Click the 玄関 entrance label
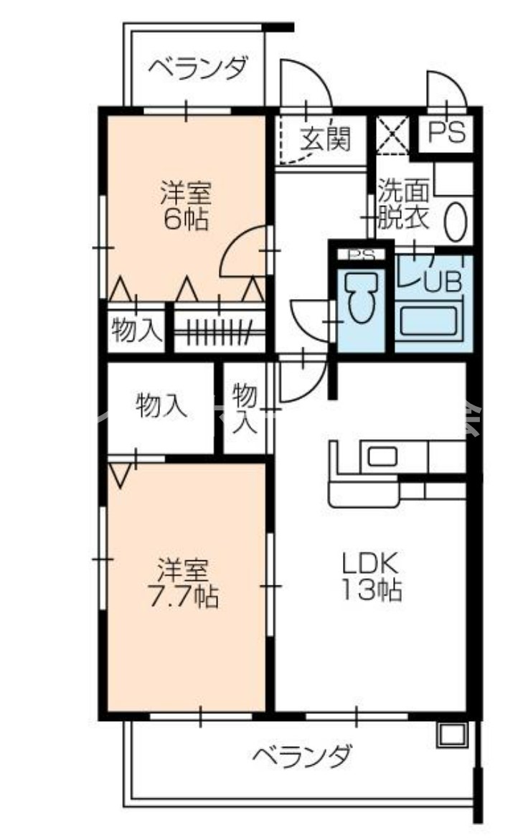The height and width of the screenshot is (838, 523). pyautogui.click(x=324, y=138)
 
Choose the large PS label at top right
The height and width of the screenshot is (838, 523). pyautogui.click(x=446, y=133)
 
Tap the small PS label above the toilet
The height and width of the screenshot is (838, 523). pyautogui.click(x=361, y=255)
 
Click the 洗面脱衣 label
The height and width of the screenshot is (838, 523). pyautogui.click(x=404, y=204)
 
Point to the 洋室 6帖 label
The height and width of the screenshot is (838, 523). pyautogui.click(x=184, y=206)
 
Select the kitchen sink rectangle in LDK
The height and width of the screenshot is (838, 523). pyautogui.click(x=382, y=455)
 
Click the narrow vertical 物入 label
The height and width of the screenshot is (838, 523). pyautogui.click(x=245, y=408)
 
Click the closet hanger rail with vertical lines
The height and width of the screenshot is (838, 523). pyautogui.click(x=213, y=331)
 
